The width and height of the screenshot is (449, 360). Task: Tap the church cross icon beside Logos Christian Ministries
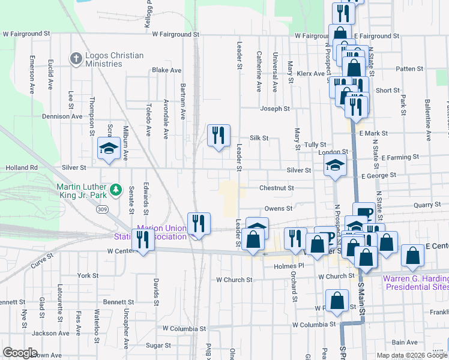point(76,59)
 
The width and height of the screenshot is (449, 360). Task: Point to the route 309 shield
point(103,209)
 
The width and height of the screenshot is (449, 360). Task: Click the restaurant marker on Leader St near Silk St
point(218,135)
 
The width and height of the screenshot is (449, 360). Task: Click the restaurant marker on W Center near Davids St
point(143,241)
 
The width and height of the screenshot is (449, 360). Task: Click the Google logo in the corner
point(20,353)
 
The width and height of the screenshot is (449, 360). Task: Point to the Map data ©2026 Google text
point(412,355)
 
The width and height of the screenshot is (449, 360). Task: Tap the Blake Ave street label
point(166,70)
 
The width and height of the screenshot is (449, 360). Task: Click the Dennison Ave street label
point(61,116)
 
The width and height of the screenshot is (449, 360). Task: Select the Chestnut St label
point(276,188)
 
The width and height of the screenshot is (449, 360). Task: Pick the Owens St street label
point(278,208)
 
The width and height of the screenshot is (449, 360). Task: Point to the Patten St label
point(409,69)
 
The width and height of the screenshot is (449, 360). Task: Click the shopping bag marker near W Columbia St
point(337,302)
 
